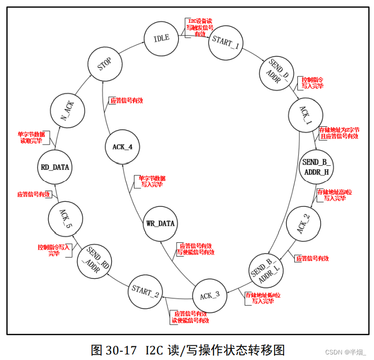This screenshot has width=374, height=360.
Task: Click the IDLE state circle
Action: point(161,39)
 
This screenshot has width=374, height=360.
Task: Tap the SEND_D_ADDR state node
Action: point(279,73)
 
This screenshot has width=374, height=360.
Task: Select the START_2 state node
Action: point(146,292)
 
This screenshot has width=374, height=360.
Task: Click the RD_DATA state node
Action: point(54,167)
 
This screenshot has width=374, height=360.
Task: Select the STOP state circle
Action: point(104,64)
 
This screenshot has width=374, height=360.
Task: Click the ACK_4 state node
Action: point(123,147)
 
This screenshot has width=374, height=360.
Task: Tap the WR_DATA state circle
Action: point(160,224)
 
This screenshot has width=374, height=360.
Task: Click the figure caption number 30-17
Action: point(123,350)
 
